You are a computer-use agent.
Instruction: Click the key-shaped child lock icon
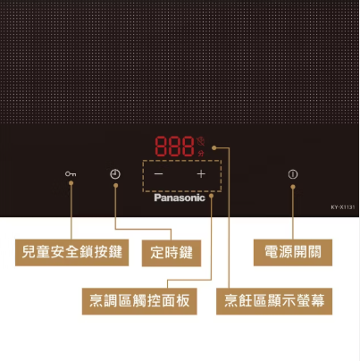tap(71, 173)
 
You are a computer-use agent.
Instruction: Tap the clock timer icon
tap(115, 174)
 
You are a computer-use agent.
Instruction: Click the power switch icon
tap(293, 174)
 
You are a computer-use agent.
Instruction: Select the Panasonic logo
tap(180, 197)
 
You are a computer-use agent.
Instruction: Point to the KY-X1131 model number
tap(343, 207)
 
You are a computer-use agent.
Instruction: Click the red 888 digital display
tap(174, 146)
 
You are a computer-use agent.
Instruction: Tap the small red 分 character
tap(201, 154)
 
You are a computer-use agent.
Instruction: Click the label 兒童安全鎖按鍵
tap(71, 252)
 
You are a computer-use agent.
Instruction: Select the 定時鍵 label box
tap(172, 253)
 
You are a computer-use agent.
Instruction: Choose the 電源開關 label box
tap(293, 252)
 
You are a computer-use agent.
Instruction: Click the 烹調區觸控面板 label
tap(139, 301)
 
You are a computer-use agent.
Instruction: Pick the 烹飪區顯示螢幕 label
tap(274, 301)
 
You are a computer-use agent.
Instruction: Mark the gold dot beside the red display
tap(214, 147)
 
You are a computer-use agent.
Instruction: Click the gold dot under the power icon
tap(293, 187)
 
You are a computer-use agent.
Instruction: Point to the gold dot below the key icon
tap(71, 183)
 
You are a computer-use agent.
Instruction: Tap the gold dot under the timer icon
tap(115, 185)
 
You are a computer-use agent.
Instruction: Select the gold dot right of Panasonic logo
tap(211, 196)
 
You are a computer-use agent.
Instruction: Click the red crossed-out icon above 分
tap(201, 141)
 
